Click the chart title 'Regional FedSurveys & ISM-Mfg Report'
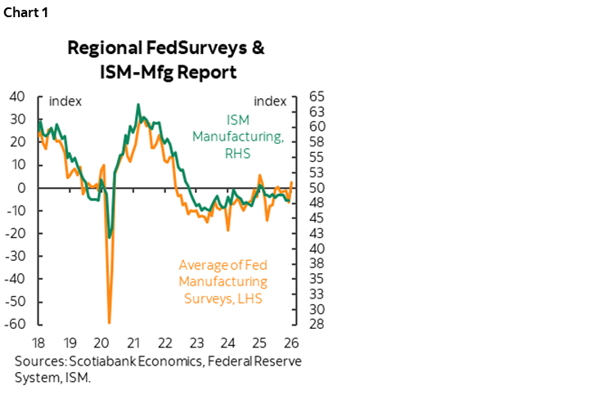(x=164, y=60)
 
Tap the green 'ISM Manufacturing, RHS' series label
(x=238, y=136)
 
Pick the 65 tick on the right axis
(x=317, y=97)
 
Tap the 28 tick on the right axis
(x=317, y=324)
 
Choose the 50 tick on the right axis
(x=317, y=187)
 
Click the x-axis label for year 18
(x=38, y=341)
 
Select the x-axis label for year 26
(x=292, y=341)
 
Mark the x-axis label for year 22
(x=164, y=341)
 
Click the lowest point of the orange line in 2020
(x=109, y=322)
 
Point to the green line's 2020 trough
(x=110, y=238)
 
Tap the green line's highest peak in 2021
(x=138, y=105)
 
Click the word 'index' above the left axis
(x=65, y=101)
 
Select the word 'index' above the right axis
(x=270, y=101)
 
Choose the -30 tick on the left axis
(x=16, y=256)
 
